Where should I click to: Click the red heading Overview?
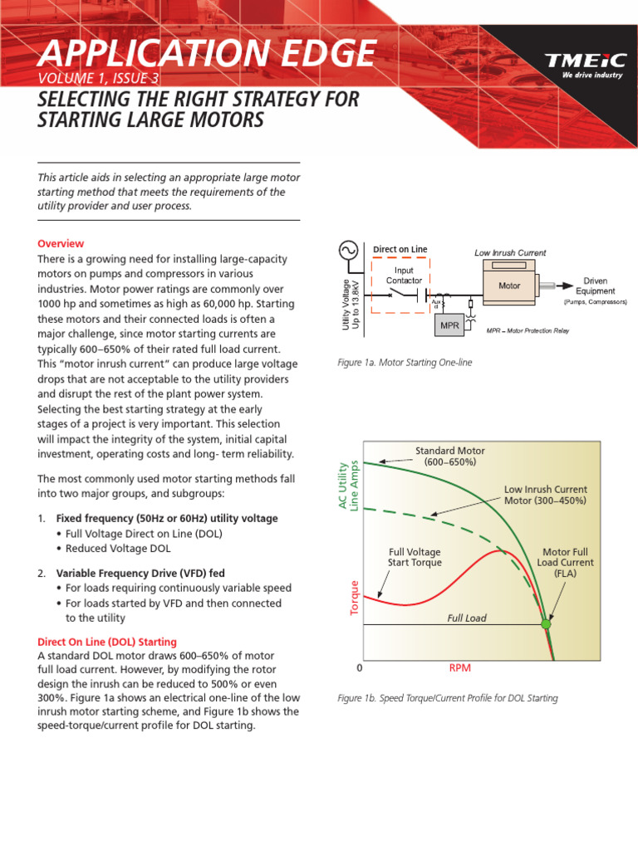[x=61, y=243]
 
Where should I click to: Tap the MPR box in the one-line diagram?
[x=449, y=325]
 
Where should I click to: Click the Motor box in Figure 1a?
[x=509, y=286]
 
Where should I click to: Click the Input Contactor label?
[x=404, y=275]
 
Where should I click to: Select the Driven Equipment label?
[x=595, y=286]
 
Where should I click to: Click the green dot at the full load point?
[x=546, y=623]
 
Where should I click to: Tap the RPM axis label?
[x=460, y=667]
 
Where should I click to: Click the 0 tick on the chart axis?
[x=360, y=667]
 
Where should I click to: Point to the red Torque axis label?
[x=354, y=597]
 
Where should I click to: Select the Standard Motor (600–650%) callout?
[x=449, y=456]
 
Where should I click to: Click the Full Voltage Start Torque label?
[x=415, y=557]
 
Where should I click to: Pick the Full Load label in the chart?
[x=467, y=618]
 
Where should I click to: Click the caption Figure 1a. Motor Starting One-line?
[x=405, y=364]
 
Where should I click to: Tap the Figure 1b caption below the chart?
[x=448, y=698]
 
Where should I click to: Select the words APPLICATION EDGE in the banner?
[x=206, y=54]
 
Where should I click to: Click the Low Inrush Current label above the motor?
[x=510, y=252]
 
